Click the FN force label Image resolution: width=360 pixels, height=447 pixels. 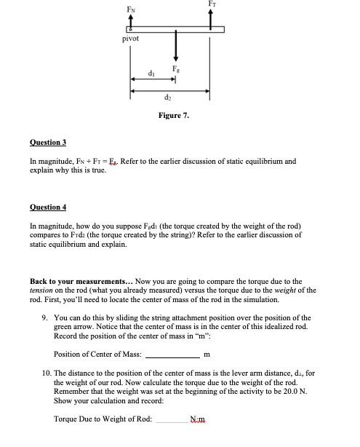click(x=132, y=9)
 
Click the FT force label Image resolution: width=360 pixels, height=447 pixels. click(x=212, y=4)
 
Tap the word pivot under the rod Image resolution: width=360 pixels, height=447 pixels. click(x=131, y=38)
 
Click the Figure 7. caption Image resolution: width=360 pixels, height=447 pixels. click(x=175, y=115)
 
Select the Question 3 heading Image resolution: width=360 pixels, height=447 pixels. click(x=48, y=143)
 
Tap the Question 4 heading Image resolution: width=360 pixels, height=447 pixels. click(x=48, y=207)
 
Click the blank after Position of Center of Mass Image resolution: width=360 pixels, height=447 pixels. click(x=172, y=355)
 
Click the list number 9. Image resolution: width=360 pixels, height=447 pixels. click(x=45, y=317)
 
